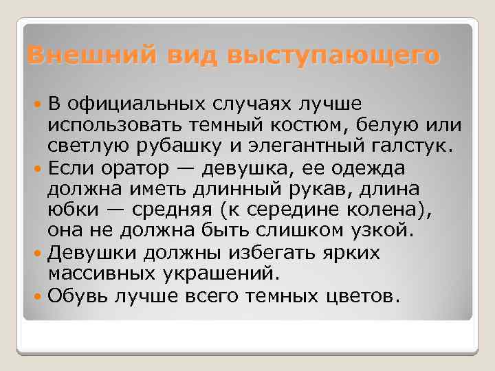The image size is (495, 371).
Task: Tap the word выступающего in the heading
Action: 340,55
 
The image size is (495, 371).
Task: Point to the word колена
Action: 389,210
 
